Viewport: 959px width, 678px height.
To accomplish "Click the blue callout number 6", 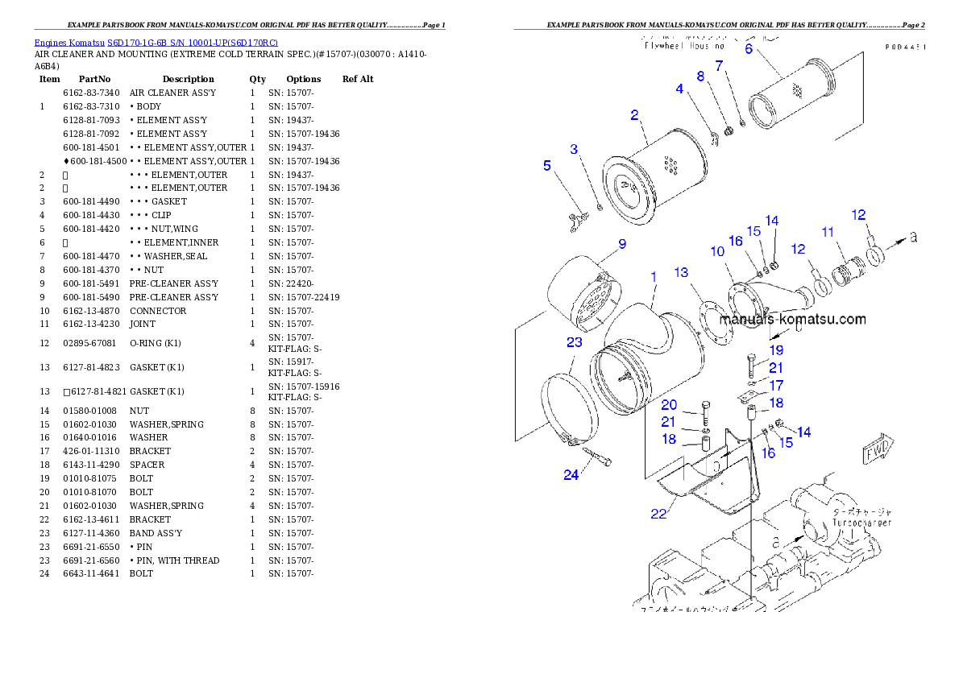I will [748, 48].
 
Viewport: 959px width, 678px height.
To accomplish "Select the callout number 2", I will [634, 115].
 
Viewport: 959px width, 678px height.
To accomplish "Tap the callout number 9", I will [621, 243].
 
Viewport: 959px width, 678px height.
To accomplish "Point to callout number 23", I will [574, 342].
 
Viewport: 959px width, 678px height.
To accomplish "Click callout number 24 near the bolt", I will [571, 475].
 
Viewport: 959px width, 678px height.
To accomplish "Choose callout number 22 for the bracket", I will [658, 514].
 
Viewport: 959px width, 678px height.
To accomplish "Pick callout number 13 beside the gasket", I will [681, 273].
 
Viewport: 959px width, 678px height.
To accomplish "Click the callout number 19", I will [775, 350].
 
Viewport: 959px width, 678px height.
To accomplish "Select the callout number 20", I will [669, 404].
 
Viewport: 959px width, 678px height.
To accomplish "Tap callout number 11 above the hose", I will [828, 232].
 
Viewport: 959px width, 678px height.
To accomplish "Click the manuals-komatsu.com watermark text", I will [792, 319].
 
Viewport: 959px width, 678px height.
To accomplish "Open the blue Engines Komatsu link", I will [156, 42].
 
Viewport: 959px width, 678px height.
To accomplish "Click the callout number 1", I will [654, 277].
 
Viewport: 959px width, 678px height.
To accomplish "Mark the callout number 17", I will [775, 386].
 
